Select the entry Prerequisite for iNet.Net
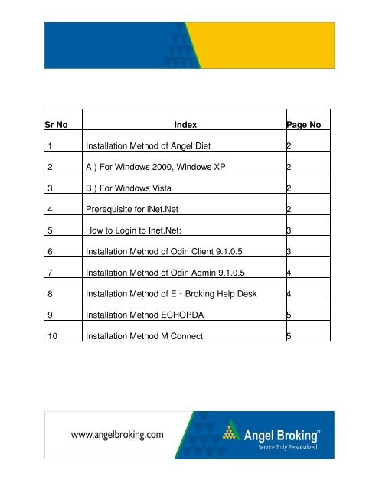tap(143, 207)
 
